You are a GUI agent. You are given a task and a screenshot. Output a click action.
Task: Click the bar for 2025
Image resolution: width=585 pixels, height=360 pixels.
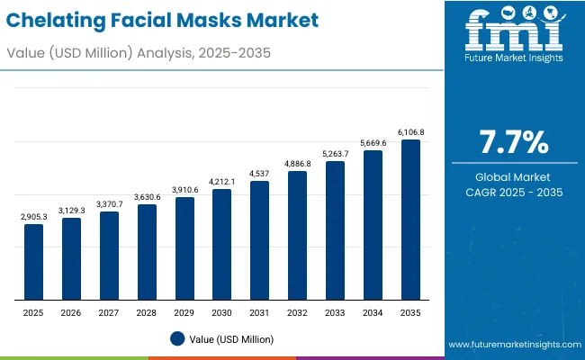[x=33, y=262]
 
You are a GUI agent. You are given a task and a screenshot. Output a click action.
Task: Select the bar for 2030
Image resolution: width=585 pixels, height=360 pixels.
[x=222, y=245]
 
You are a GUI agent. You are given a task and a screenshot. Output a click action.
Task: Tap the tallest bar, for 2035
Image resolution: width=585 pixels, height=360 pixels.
[x=410, y=220]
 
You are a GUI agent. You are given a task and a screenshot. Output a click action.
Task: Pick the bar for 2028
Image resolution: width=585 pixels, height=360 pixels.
[x=147, y=252]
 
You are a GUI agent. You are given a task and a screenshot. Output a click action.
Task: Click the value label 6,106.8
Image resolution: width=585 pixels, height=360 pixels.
[x=410, y=132]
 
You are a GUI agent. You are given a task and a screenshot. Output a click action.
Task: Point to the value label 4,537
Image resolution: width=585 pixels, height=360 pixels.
[x=259, y=174]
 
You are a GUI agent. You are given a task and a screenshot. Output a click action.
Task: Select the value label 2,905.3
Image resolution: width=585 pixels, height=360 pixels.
[x=33, y=217]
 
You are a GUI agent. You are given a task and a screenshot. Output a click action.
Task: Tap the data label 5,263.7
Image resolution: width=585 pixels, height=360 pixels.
[x=335, y=154]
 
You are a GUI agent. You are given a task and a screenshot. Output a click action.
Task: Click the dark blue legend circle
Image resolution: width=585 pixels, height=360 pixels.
[x=177, y=338]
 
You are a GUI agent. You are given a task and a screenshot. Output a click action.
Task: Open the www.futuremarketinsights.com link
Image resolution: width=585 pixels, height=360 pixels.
[x=512, y=345]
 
